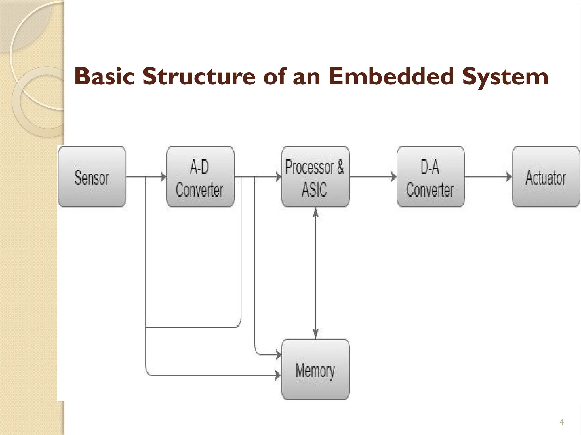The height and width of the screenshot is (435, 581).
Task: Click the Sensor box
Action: click(92, 177)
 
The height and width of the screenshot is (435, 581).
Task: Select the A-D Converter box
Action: click(200, 177)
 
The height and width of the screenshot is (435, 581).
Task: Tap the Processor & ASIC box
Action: click(315, 177)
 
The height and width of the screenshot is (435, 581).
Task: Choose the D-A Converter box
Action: click(430, 177)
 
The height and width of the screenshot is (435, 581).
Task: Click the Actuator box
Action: click(546, 177)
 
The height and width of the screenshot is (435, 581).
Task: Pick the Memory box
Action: click(315, 369)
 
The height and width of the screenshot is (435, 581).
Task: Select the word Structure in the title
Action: click(199, 76)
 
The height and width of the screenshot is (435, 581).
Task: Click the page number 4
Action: click(561, 422)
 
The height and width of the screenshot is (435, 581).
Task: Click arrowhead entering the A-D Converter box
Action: click(164, 177)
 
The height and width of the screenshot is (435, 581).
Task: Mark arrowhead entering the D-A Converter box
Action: click(394, 177)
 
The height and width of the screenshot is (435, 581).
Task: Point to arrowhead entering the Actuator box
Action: click(509, 177)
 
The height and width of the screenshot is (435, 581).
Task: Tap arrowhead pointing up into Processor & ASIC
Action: click(315, 212)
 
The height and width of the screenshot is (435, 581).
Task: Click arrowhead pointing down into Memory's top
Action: click(315, 334)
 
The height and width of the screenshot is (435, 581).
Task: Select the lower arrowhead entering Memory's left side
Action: click(278, 376)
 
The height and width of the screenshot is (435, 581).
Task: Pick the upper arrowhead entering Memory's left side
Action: click(279, 354)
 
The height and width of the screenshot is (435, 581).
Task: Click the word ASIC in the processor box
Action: click(314, 189)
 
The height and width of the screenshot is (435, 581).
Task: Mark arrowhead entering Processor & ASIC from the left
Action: click(279, 177)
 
